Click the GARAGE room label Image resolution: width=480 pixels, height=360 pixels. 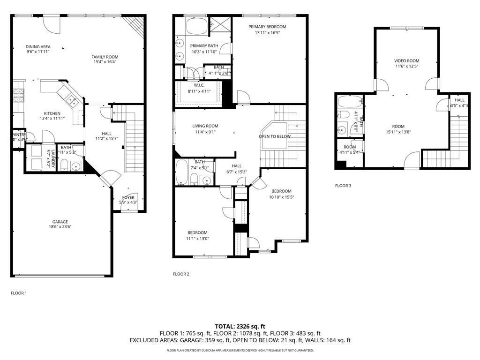[x=60, y=222]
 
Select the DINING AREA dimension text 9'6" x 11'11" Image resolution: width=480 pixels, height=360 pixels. [x=37, y=52]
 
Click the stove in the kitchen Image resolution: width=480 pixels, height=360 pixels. [x=18, y=96]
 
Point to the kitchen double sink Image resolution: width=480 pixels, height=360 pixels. [x=72, y=99]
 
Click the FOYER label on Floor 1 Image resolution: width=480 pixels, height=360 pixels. [x=128, y=197]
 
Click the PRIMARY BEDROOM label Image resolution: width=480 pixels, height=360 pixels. [x=267, y=27]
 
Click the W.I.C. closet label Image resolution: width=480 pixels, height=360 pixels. [x=199, y=85]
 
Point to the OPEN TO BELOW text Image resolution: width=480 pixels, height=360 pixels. [x=275, y=136]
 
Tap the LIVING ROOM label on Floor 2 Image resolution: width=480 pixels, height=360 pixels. [x=205, y=126]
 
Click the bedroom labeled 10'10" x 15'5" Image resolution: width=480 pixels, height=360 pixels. [x=281, y=191]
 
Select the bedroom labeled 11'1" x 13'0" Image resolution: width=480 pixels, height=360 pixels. [x=197, y=232]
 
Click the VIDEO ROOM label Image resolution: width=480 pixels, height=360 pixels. [x=406, y=60]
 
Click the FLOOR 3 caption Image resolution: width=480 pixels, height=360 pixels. [x=343, y=186]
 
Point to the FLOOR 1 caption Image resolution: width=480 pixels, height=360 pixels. [x=19, y=293]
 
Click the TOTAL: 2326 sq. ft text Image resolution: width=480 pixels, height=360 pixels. [x=240, y=326]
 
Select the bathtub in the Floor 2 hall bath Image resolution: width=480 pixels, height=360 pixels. [x=182, y=173]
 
